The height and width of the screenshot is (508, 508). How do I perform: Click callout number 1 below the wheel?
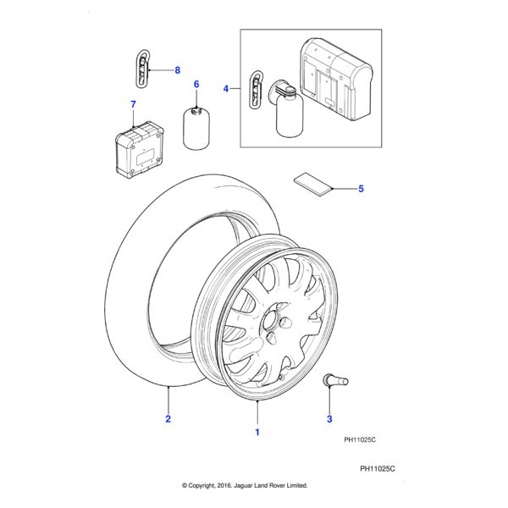point(257,432)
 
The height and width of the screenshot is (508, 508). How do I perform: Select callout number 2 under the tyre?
point(168,419)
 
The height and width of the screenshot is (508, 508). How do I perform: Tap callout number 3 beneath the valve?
point(329,419)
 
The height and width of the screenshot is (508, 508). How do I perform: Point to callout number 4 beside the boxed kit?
point(226,88)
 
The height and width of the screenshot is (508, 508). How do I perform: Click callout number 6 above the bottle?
point(196,85)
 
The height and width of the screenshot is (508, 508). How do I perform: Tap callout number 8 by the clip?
point(178,70)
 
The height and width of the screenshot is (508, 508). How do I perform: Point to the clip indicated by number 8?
point(142,68)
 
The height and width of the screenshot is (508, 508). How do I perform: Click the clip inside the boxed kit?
point(255,90)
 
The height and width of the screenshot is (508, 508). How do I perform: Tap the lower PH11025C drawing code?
point(378,468)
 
